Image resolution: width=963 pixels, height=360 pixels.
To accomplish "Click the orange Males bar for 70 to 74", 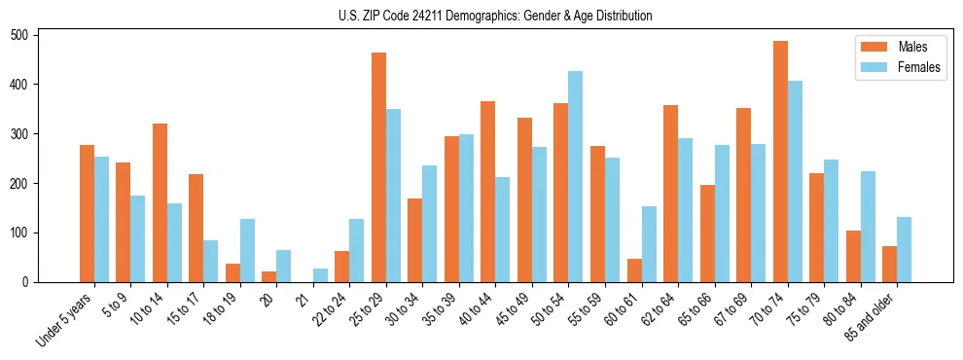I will click(x=780, y=162).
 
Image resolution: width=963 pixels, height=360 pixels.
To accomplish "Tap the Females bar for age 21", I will click(x=320, y=275).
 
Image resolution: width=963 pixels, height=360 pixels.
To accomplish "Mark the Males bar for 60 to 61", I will click(x=634, y=270).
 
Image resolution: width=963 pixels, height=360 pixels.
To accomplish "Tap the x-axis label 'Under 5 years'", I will click(x=64, y=319).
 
